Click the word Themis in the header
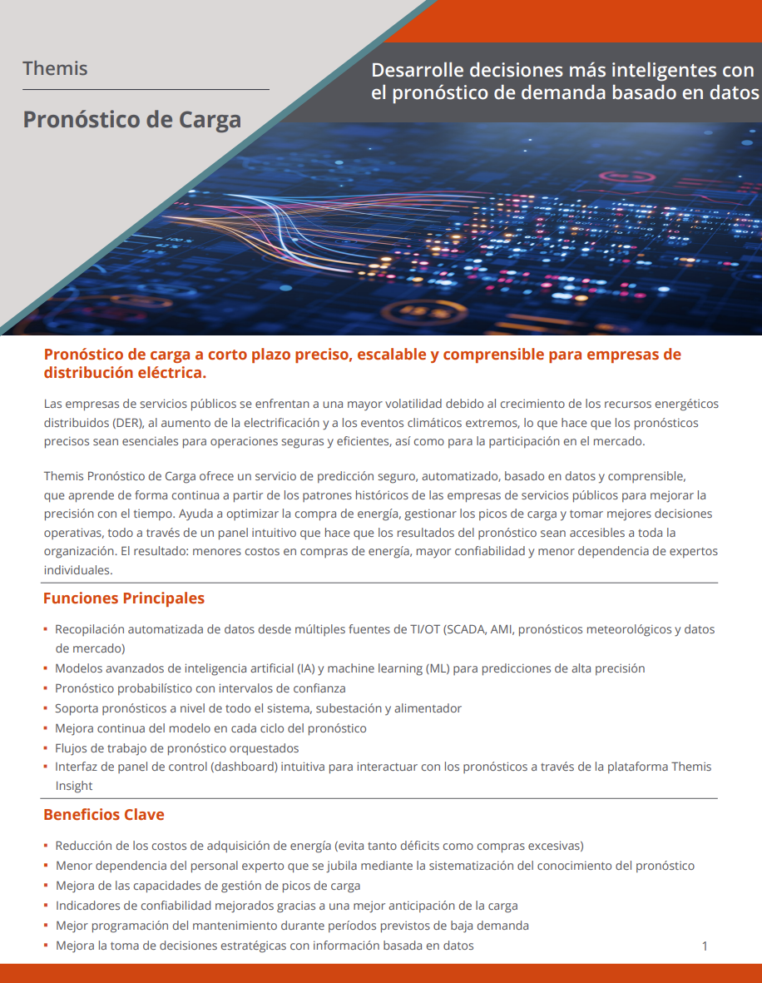pyautogui.click(x=55, y=68)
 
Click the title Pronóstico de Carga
pyautogui.click(x=131, y=119)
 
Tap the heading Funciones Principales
pyautogui.click(x=123, y=598)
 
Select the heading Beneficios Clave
pyautogui.click(x=104, y=814)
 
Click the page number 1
pyautogui.click(x=705, y=946)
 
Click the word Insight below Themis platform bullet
pyautogui.click(x=74, y=786)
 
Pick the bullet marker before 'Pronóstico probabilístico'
pyautogui.click(x=47, y=689)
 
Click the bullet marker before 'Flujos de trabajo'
pyautogui.click(x=47, y=748)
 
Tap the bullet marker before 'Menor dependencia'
pyautogui.click(x=47, y=866)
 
